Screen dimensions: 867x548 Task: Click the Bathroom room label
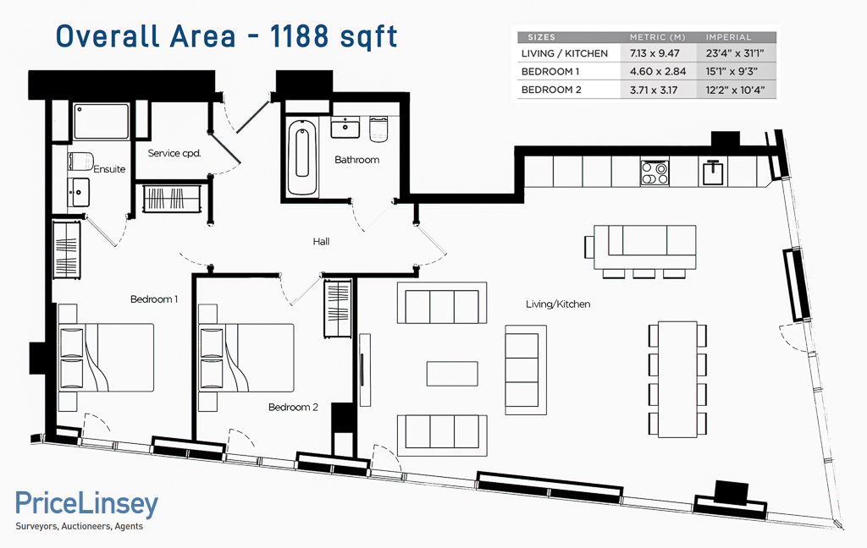click(x=356, y=160)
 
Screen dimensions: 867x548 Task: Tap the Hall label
click(x=321, y=241)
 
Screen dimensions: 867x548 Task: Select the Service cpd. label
click(x=174, y=153)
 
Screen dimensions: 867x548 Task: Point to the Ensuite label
click(x=109, y=169)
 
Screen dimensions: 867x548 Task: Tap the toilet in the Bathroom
click(x=378, y=129)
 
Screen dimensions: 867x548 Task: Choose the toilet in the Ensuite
click(x=81, y=162)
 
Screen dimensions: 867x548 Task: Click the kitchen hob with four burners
click(x=654, y=173)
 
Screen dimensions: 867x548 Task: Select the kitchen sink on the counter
click(x=714, y=172)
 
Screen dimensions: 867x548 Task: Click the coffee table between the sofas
click(x=452, y=374)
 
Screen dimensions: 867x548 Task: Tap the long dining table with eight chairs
click(x=677, y=379)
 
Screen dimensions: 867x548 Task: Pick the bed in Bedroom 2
click(x=246, y=358)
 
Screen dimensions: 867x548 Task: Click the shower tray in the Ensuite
click(x=102, y=121)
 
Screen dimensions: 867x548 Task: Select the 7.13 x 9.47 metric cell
click(x=654, y=53)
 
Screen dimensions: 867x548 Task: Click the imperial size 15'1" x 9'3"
click(x=732, y=71)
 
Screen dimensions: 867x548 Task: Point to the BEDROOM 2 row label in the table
click(x=551, y=90)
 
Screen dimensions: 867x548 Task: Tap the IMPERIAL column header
click(x=728, y=37)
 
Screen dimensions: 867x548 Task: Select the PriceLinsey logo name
click(x=87, y=503)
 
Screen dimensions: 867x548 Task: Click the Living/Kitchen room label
click(x=558, y=304)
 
